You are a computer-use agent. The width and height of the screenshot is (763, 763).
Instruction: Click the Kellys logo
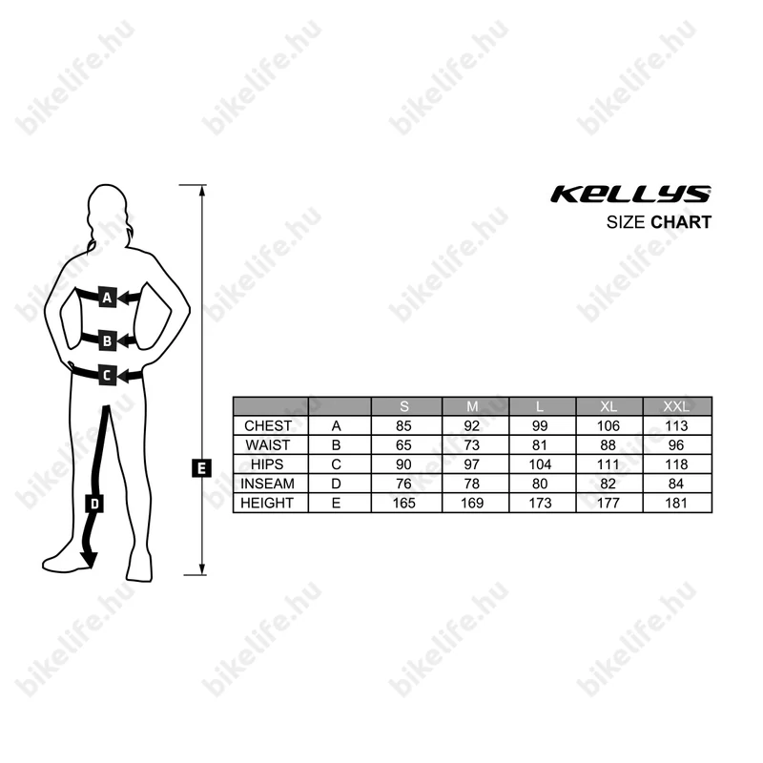[630, 195]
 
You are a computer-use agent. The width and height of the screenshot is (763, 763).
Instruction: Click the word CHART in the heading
[681, 222]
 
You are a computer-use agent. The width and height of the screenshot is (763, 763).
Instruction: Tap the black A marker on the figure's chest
[108, 297]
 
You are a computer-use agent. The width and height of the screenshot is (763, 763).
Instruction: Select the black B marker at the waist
[108, 340]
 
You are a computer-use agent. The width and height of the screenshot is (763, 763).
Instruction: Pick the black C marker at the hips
[108, 375]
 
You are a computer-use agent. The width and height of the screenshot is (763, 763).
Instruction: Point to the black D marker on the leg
[94, 504]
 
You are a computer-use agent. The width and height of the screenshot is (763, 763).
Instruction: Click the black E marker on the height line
[201, 468]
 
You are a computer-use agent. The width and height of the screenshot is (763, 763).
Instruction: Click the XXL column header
[676, 406]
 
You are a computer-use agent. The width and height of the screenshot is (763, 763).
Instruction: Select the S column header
[403, 406]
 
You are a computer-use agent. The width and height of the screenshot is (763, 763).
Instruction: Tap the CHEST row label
[268, 425]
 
